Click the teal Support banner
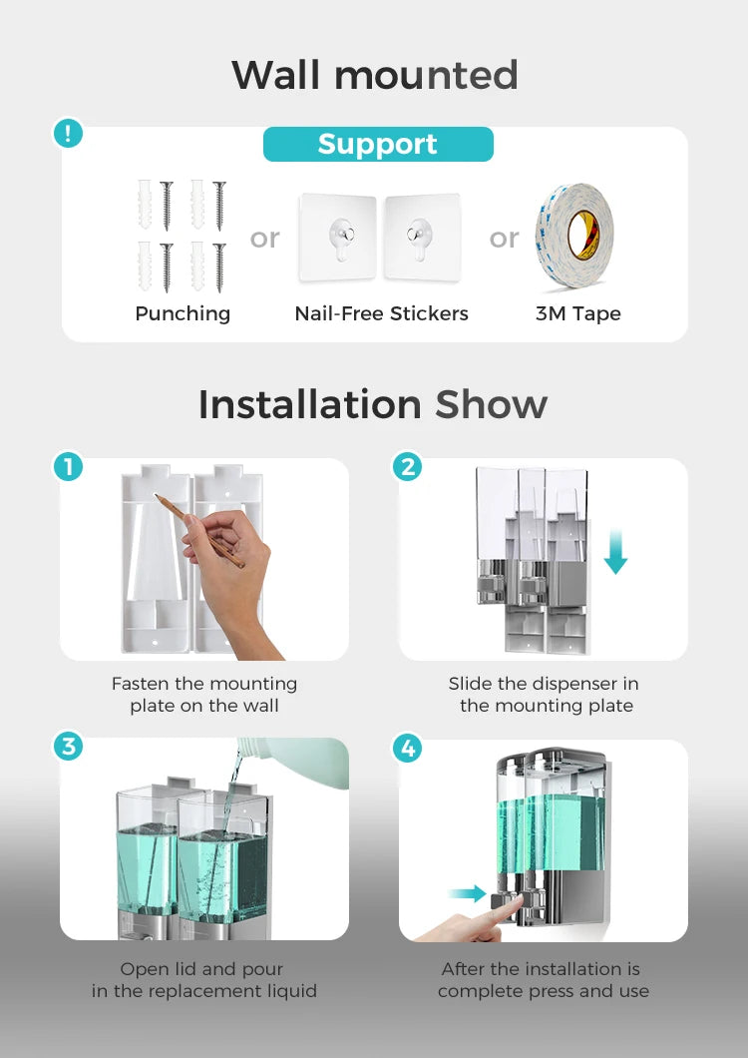378,144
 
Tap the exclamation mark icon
68,133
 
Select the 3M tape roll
574,235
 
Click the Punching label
183,313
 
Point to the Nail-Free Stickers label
381,313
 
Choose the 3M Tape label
578,313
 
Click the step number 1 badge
68,466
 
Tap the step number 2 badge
407,466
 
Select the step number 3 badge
68,747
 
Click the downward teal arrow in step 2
615,552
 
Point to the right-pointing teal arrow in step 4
468,893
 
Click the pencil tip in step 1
157,496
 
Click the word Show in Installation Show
491,405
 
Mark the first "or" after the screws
264,239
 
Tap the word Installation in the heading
310,405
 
